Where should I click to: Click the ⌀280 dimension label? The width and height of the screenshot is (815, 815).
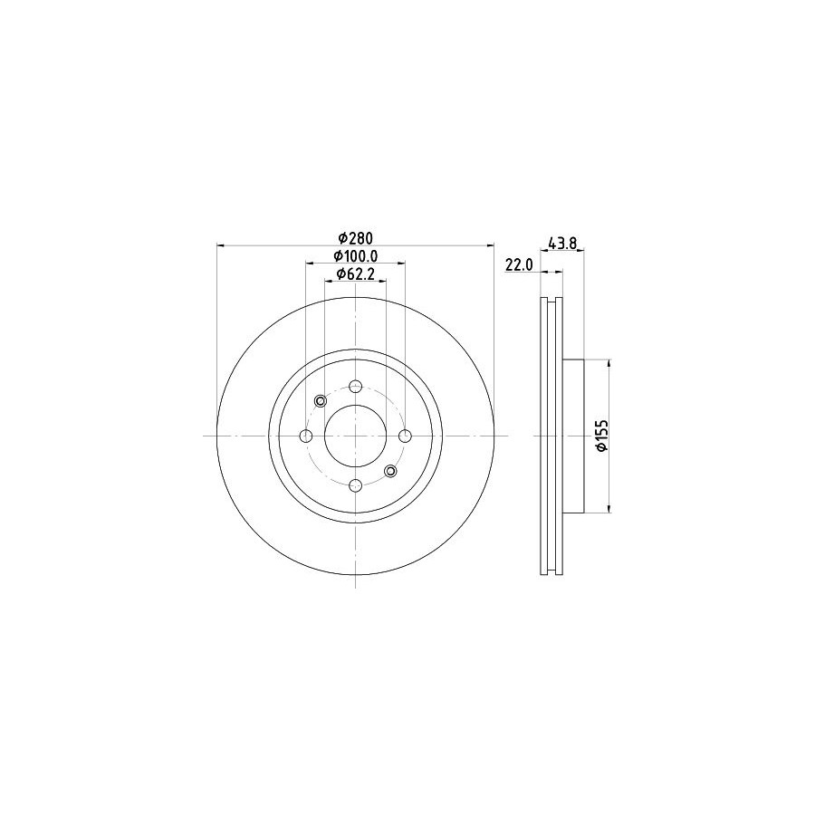tap(356, 238)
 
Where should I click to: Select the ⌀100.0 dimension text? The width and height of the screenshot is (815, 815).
tap(356, 255)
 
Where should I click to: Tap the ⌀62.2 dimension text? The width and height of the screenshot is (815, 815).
tap(356, 273)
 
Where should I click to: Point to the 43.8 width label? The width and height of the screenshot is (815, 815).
tap(562, 242)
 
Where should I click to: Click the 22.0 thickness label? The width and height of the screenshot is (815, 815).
tap(519, 264)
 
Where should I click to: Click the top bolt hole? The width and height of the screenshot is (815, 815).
tap(356, 386)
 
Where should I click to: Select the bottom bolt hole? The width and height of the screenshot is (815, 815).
tap(356, 485)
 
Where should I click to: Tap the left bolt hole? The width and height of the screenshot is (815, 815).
tap(306, 436)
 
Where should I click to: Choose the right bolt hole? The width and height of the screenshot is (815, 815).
tap(406, 436)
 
